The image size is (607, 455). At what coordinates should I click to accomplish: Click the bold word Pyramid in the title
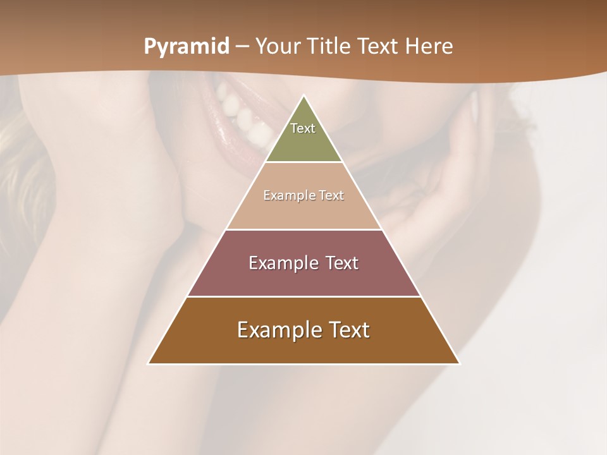[187, 47]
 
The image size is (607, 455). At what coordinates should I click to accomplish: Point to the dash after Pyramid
[242, 47]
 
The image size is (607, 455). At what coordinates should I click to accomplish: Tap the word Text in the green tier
[303, 128]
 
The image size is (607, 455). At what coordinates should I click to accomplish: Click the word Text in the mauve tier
[341, 263]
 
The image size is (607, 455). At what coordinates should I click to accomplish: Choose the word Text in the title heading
[378, 47]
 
